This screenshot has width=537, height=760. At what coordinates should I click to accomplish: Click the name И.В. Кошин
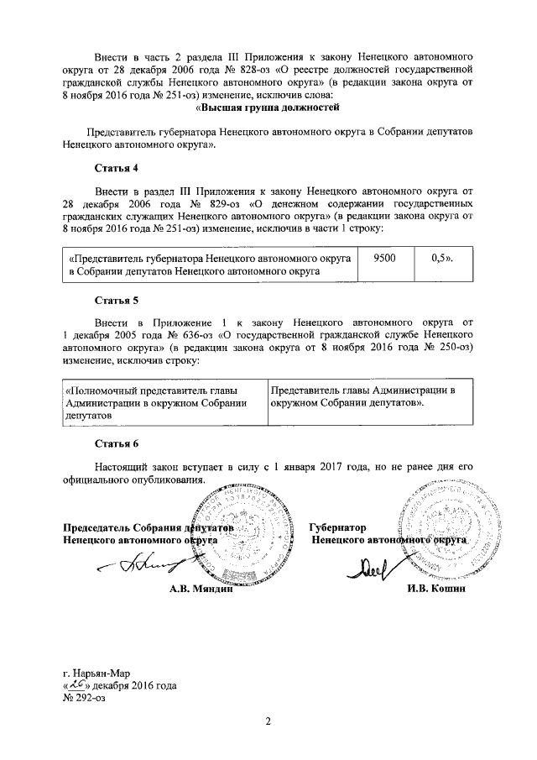(435, 588)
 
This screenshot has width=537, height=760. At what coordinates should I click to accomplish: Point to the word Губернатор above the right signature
(337, 527)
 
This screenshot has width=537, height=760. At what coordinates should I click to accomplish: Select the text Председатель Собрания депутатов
(148, 527)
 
